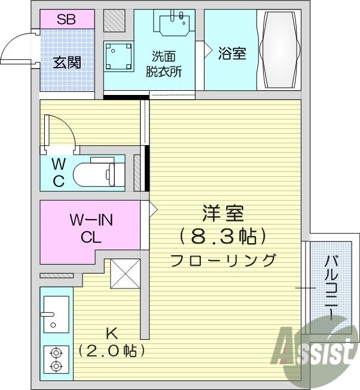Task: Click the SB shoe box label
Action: [66, 19]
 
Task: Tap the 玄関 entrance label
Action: [66, 62]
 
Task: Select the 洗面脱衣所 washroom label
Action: [164, 63]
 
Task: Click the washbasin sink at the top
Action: [176, 23]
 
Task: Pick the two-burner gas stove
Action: [56, 360]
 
